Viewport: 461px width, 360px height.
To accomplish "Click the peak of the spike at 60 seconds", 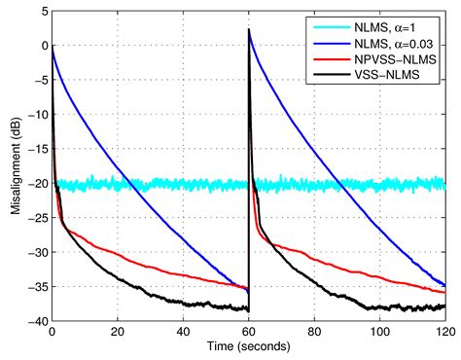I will point(249,29).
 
